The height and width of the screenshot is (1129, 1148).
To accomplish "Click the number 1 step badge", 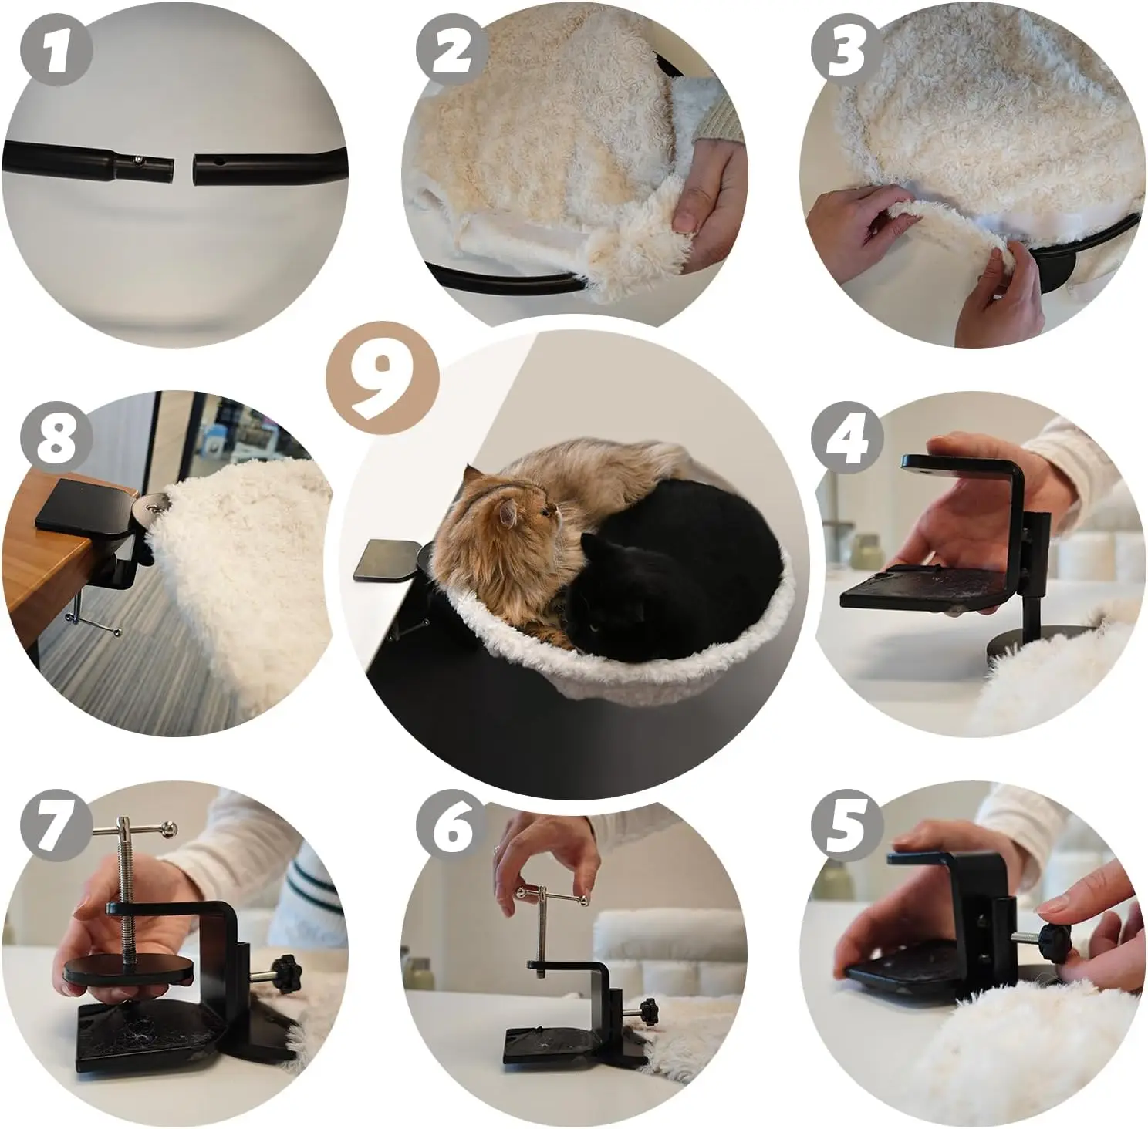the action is (57, 49).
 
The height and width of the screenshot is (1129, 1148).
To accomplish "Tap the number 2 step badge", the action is (452, 50).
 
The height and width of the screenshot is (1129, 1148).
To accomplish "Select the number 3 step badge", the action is (847, 50).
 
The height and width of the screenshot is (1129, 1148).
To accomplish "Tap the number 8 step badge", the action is (57, 437).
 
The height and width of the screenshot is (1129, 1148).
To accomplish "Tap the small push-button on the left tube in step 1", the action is (137, 160).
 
